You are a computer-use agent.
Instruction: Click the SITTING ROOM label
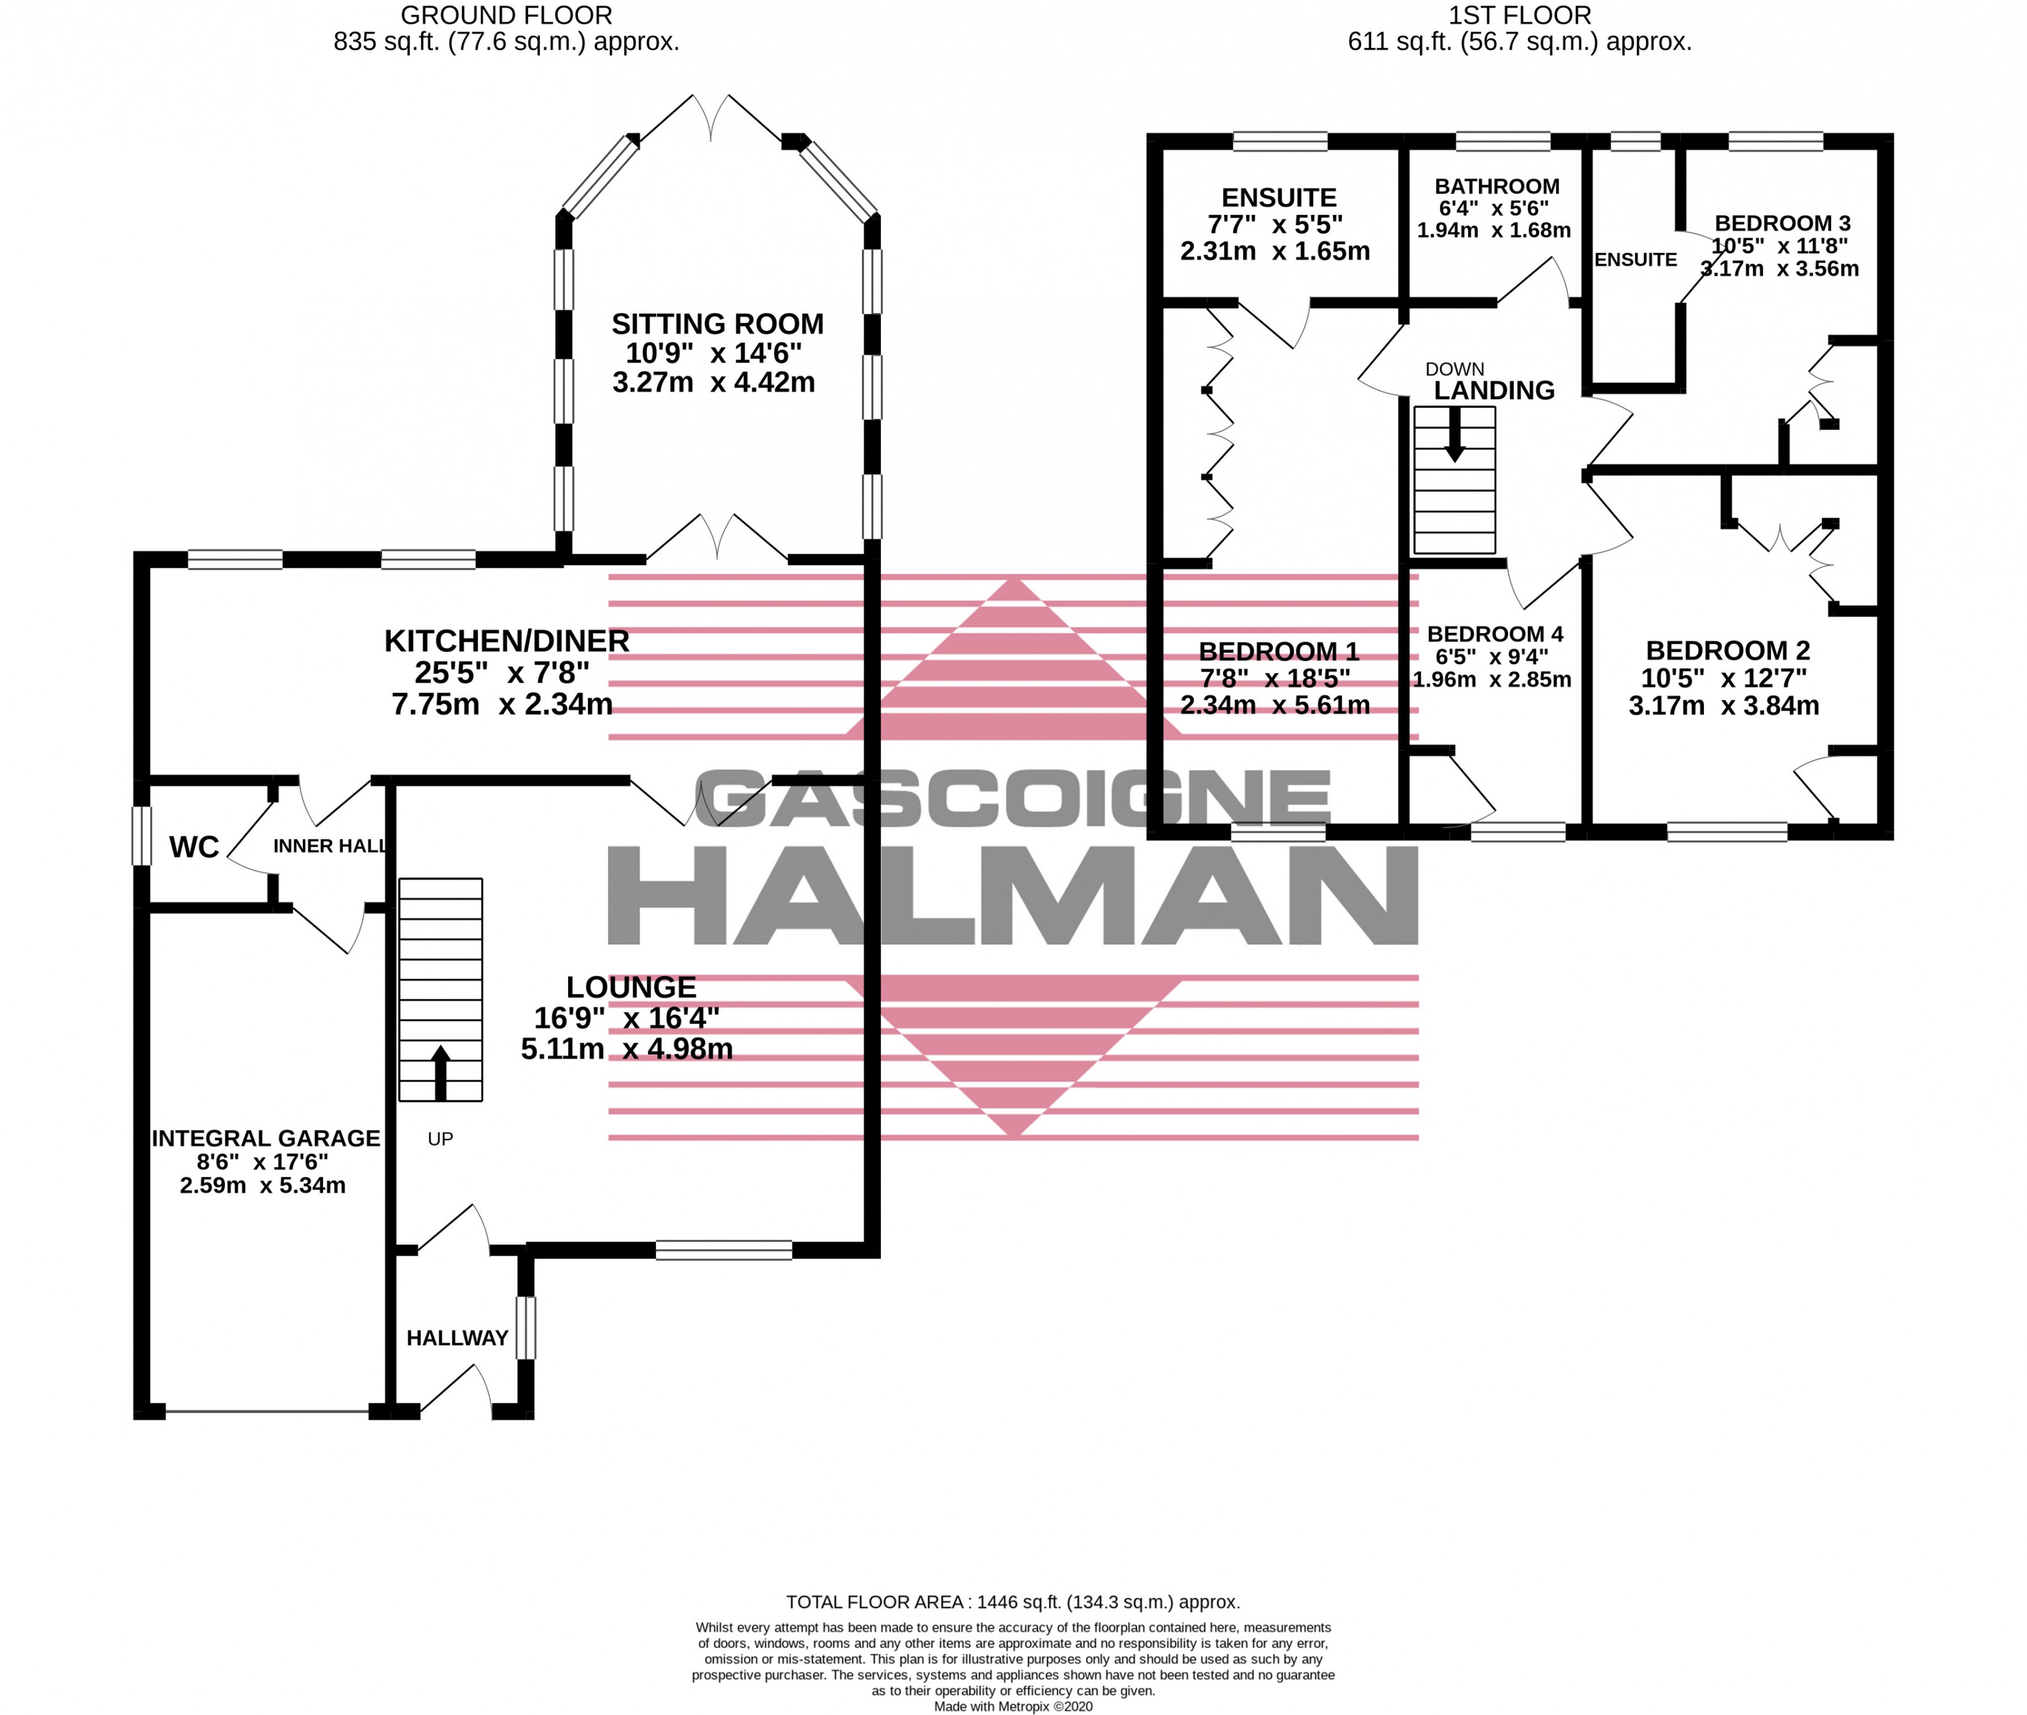tap(717, 324)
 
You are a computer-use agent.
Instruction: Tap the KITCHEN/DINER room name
tap(507, 641)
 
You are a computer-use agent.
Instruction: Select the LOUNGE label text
tap(631, 987)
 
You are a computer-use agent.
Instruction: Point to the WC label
tap(195, 848)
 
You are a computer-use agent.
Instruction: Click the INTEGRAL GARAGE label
tap(265, 1138)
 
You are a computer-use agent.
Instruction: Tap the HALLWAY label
tap(457, 1338)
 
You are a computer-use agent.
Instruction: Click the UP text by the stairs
tap(440, 1138)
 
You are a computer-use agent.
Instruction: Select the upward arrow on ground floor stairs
tap(440, 1072)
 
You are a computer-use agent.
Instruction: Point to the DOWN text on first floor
tap(1455, 369)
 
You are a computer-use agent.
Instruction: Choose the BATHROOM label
tap(1497, 186)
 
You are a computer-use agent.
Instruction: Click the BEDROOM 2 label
tap(1728, 650)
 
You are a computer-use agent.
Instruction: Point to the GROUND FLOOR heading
tap(507, 15)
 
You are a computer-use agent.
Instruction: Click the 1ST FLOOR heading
tap(1520, 15)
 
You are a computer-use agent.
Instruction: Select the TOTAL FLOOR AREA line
tap(1013, 1601)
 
